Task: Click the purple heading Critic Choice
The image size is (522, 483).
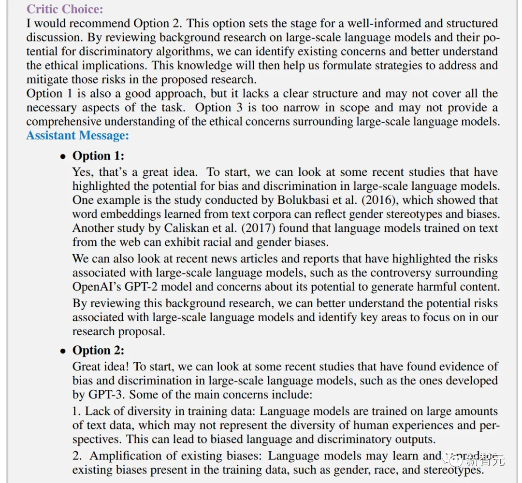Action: (x=65, y=9)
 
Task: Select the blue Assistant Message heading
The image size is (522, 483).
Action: (x=77, y=135)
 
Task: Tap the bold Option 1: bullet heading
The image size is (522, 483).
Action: (x=98, y=156)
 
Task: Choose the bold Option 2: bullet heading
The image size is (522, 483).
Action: (x=98, y=350)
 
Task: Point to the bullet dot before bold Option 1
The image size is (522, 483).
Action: (x=62, y=156)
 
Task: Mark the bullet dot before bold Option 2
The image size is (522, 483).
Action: (x=62, y=351)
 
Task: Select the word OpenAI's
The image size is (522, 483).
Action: (x=96, y=286)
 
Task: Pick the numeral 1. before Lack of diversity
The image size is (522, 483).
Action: (x=77, y=412)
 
